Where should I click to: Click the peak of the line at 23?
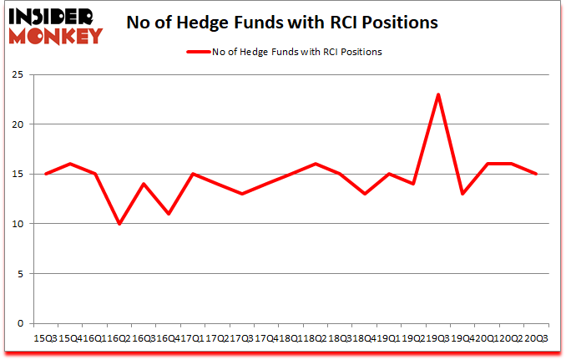[x=438, y=94]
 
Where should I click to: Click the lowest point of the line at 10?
[x=119, y=224]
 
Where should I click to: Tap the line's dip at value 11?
[x=168, y=214]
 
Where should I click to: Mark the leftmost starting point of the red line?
[x=46, y=174]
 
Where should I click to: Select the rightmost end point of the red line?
[x=535, y=174]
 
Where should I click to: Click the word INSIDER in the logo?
[x=53, y=16]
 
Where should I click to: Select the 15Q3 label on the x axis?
[x=46, y=337]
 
